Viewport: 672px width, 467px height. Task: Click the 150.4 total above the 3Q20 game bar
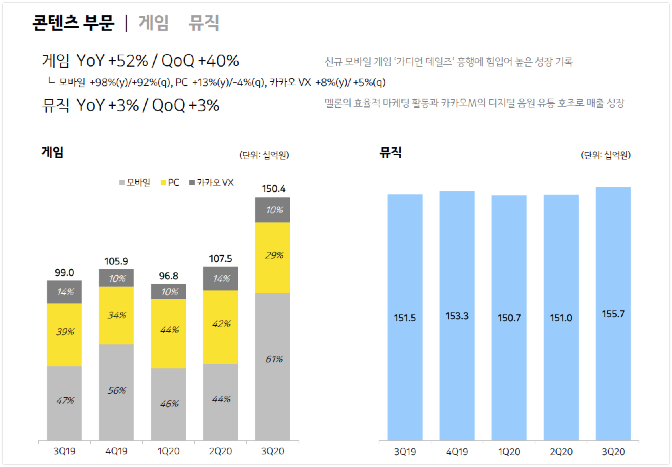[273, 189]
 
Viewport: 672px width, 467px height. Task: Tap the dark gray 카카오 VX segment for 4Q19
[116, 278]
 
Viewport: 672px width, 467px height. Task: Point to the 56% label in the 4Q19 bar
[117, 390]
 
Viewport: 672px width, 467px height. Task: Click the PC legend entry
[170, 183]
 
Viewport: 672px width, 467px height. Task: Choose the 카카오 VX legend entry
[211, 183]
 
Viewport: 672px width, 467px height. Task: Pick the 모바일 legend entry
[135, 183]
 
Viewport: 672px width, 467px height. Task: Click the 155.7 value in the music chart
[613, 314]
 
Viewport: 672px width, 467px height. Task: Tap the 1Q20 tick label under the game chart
[168, 451]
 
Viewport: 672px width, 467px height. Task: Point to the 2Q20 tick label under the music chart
[561, 452]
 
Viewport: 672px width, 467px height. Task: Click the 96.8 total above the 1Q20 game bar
[168, 276]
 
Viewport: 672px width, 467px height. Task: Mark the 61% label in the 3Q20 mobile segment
[274, 359]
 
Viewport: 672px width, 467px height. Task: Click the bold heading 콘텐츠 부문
[73, 23]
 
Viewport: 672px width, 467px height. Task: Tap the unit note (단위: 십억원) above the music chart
[605, 155]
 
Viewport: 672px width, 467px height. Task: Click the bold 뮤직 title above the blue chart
[390, 152]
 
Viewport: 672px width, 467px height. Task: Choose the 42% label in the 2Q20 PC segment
[221, 324]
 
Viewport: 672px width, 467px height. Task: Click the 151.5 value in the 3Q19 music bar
[405, 318]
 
